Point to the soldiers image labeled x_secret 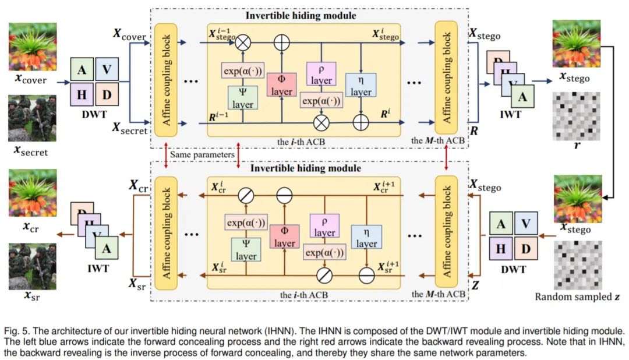coord(33,118)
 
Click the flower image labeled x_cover coord(33,47)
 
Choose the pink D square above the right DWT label coord(525,249)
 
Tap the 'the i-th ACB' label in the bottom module coord(304,295)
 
